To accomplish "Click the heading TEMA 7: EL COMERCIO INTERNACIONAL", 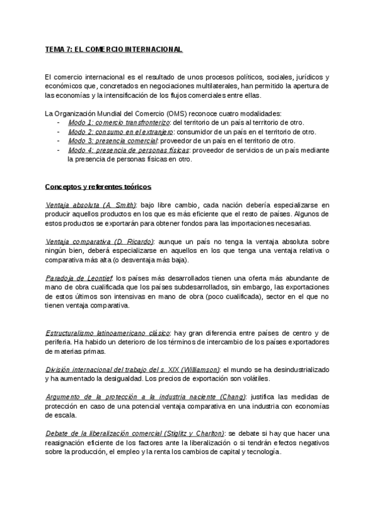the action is tap(114, 48).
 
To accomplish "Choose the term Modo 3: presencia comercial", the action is tap(108, 141).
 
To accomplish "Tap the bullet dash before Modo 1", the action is tap(58, 122).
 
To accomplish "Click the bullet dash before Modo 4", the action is tap(58, 150).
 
